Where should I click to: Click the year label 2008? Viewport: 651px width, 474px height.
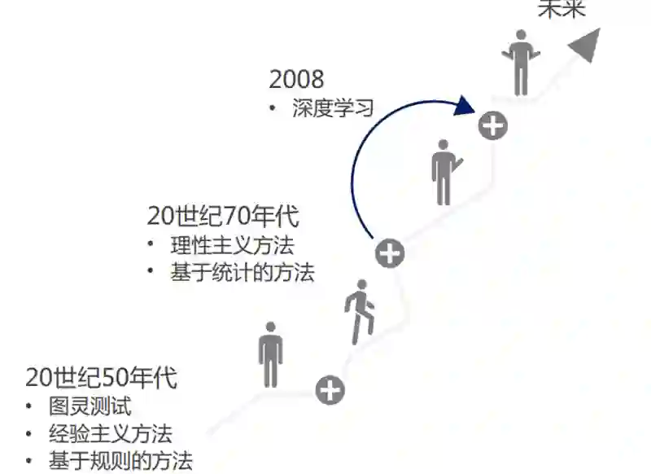point(296,79)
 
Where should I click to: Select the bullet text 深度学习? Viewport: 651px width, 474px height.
point(332,108)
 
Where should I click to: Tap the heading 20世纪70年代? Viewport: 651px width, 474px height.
point(223,217)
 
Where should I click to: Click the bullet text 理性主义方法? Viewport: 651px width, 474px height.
point(231,246)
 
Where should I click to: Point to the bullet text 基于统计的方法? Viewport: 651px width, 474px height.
point(242,272)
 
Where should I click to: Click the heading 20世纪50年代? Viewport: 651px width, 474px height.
point(101,378)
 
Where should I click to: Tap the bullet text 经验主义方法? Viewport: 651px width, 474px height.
point(110,433)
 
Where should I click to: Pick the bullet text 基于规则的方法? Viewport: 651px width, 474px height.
point(120,460)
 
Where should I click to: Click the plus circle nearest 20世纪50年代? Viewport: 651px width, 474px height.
point(330,390)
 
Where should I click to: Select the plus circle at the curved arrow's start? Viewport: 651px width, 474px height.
point(390,253)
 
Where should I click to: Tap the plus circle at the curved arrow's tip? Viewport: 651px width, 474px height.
point(493,125)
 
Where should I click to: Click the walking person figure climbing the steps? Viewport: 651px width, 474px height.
point(360,311)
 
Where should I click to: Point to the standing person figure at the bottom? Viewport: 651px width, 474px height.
point(271,354)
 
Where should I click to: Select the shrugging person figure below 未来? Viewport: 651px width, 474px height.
point(522,63)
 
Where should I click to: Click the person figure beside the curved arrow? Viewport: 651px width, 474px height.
point(444,172)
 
